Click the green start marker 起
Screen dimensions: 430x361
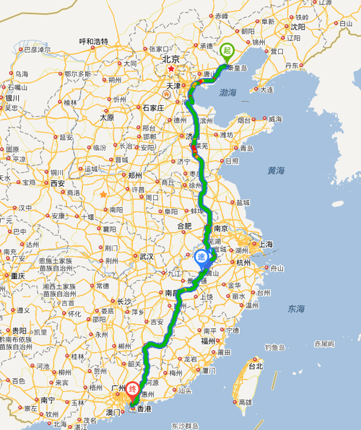pos(227,51)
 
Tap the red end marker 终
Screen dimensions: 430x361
pos(133,390)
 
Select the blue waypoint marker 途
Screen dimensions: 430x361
pos(201,256)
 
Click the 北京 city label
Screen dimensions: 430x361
pos(170,59)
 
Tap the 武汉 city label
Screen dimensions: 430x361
pos(147,256)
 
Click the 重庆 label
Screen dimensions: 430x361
pos(17,276)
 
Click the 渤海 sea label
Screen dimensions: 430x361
pos(228,92)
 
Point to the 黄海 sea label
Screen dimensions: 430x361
pos(276,171)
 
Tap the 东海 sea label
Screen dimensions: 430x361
pos(295,309)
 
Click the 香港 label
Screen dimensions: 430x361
pos(144,409)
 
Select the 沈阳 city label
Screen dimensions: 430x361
pos(297,26)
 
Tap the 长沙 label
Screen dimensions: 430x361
pos(124,302)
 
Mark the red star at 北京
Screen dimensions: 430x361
pos(170,70)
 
